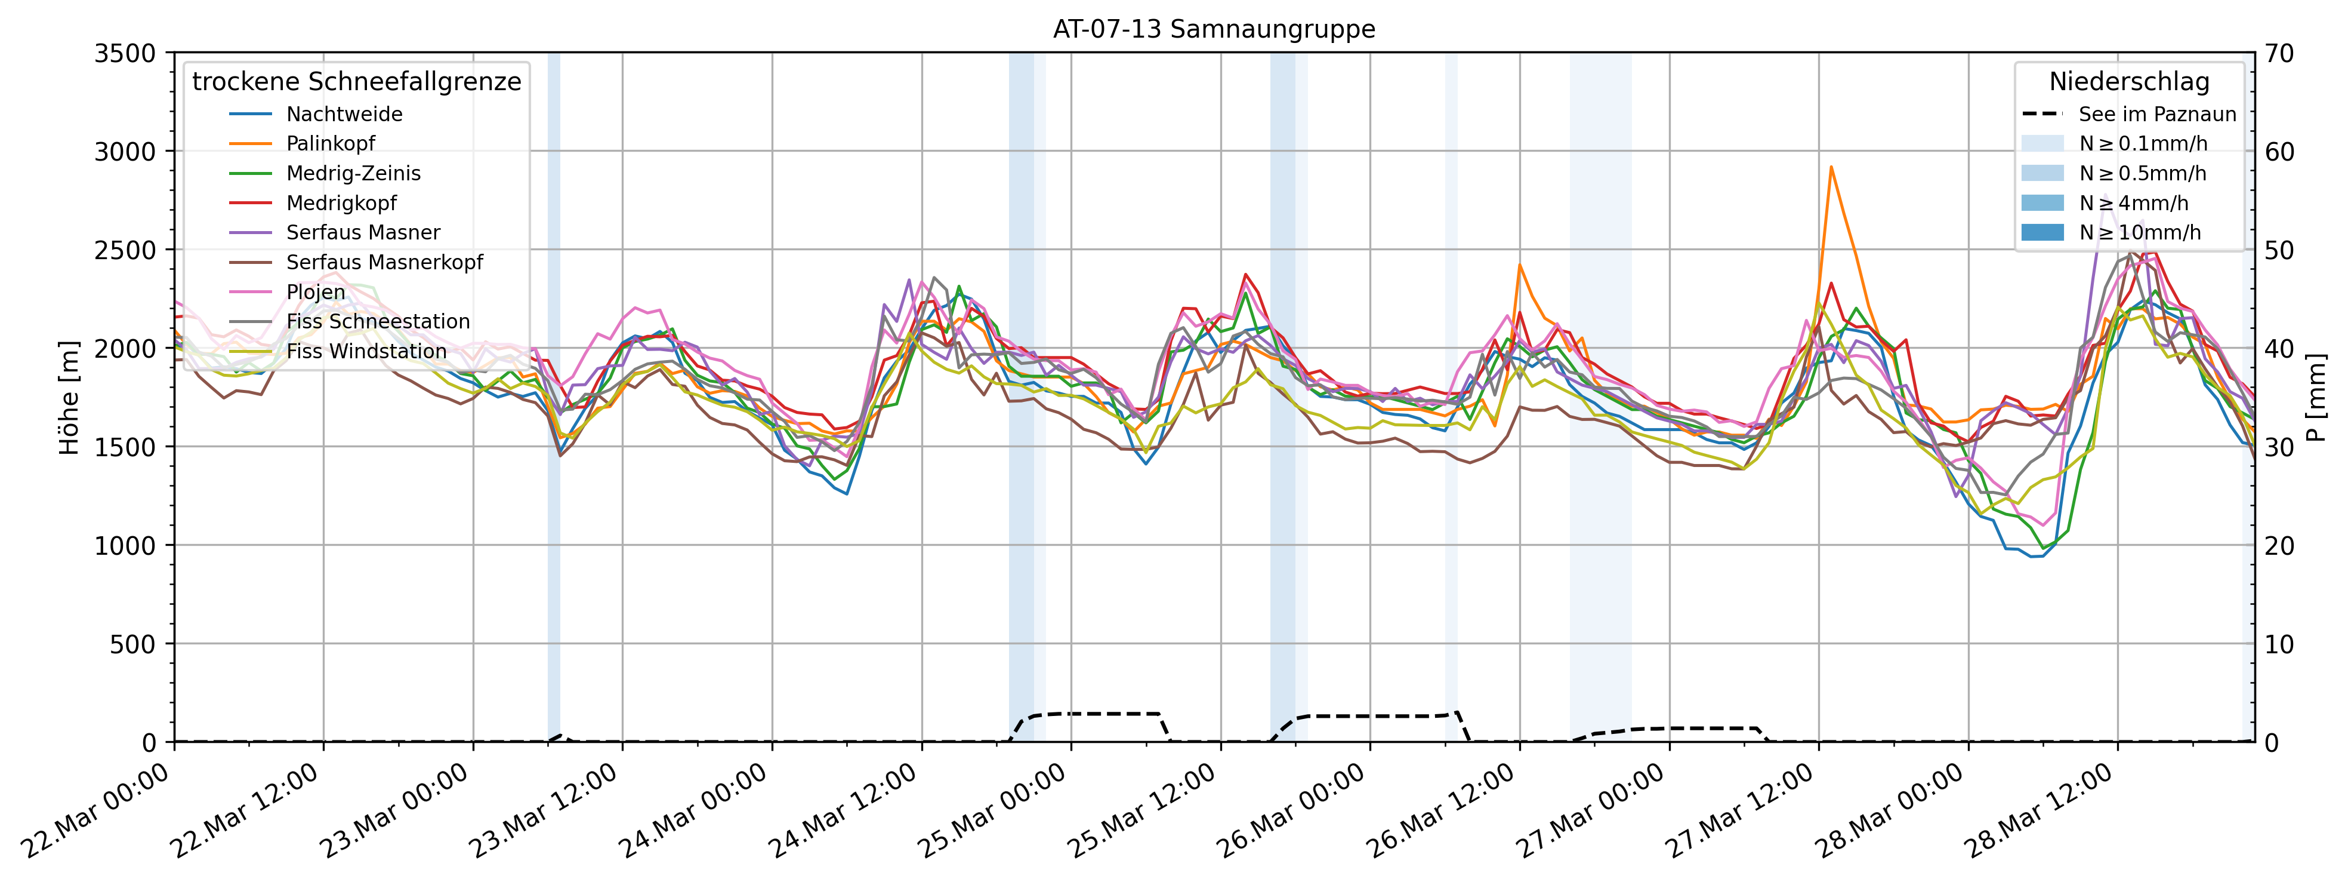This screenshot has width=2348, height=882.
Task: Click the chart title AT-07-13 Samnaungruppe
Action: [x=1214, y=29]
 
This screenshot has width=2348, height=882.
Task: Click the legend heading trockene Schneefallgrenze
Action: [x=356, y=82]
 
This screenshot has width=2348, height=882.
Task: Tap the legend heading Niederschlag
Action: [x=2129, y=82]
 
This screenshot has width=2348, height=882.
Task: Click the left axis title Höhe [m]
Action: [x=69, y=398]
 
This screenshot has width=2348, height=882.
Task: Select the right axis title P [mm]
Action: [x=2317, y=398]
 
